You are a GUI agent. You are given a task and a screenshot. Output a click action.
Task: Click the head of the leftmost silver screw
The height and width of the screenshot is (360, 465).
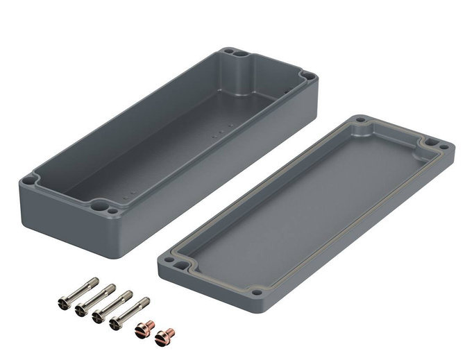point(62,302)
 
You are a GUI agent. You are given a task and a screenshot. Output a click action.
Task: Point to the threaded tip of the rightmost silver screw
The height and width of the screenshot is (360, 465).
point(146,300)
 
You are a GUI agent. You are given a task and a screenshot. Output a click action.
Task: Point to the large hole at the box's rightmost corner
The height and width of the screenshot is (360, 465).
point(305,76)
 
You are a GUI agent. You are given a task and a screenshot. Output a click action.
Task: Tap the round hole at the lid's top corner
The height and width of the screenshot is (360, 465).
point(360,121)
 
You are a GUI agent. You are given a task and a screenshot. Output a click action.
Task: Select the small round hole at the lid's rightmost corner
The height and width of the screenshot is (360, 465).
point(442,146)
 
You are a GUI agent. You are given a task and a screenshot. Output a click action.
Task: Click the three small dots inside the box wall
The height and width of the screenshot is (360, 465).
point(220,129)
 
